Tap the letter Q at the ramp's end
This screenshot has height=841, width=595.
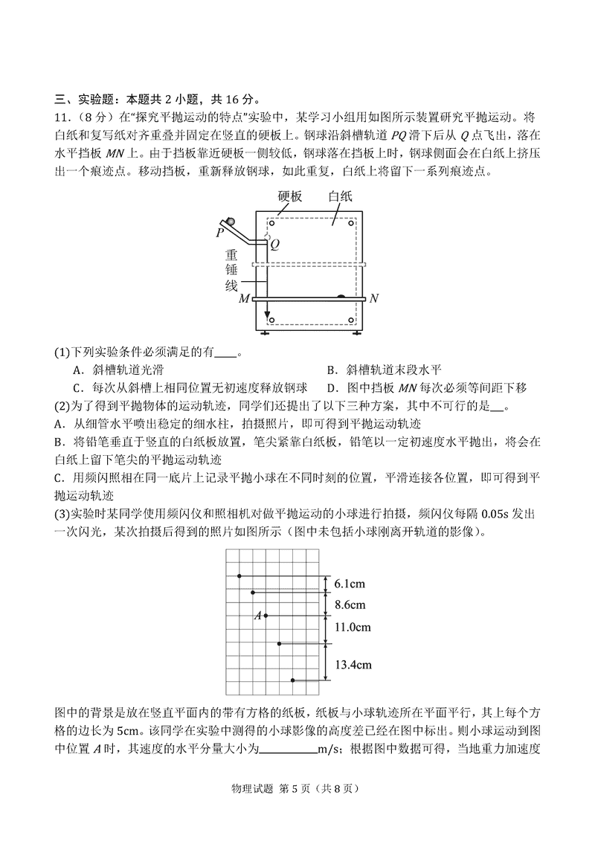(274, 243)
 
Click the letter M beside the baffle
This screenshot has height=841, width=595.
(244, 299)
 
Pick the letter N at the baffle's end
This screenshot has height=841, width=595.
(374, 299)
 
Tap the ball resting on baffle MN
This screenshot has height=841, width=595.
(341, 296)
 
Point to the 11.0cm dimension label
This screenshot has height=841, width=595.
(353, 628)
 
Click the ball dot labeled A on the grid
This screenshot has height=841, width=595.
(266, 616)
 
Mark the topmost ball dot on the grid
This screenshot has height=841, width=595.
(239, 576)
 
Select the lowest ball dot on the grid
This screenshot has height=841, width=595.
(293, 680)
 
